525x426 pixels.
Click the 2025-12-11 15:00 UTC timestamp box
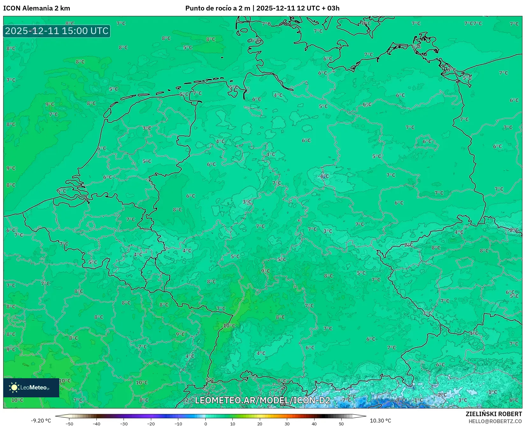57,31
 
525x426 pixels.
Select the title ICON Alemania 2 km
37,8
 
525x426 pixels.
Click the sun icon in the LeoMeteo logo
14,387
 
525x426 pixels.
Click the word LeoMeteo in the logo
34,387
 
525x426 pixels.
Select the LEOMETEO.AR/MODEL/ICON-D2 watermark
262,400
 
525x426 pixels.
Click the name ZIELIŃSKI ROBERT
494,414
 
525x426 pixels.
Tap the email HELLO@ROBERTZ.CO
495,421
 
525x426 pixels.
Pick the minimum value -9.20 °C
41,421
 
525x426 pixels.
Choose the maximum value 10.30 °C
380,421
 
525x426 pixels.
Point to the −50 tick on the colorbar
69,424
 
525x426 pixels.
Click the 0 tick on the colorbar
206,424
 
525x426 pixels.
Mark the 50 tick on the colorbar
341,424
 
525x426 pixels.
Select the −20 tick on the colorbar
151,424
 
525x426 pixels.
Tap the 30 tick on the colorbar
287,424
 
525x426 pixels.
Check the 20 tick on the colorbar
260,424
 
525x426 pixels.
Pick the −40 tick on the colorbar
96,424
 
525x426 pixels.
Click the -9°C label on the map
400,400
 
